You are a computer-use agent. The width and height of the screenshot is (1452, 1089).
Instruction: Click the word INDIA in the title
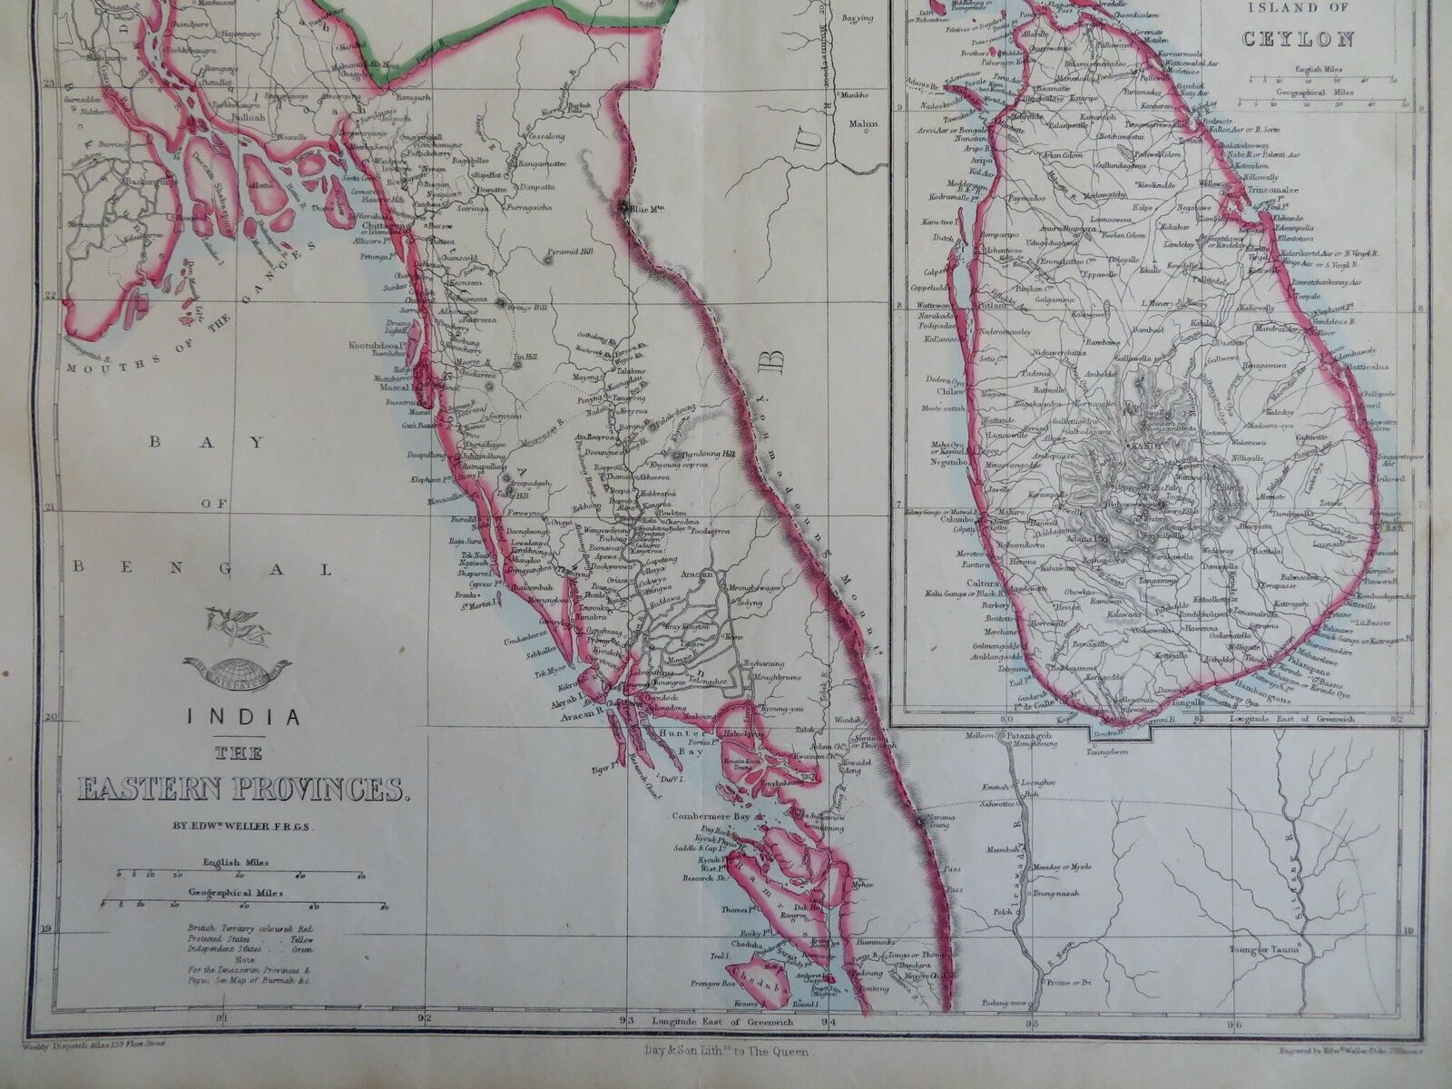(x=243, y=717)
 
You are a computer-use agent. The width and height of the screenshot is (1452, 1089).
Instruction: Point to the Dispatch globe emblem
(x=238, y=672)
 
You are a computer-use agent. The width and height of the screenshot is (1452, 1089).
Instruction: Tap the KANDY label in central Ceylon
(x=1140, y=447)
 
